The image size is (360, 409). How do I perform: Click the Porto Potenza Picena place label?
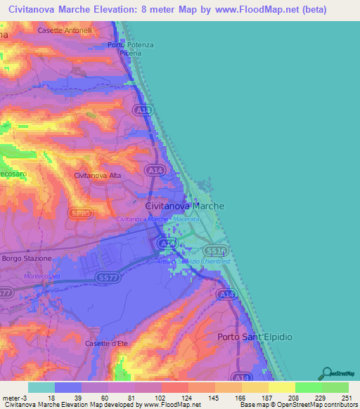[130, 49]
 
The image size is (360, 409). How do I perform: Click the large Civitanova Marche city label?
[184, 207]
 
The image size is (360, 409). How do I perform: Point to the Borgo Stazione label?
[27, 259]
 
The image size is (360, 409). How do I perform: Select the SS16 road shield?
[214, 250]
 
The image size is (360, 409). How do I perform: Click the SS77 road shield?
[106, 280]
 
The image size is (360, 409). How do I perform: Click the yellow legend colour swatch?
[281, 387]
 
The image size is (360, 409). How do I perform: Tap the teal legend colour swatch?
[41, 387]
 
